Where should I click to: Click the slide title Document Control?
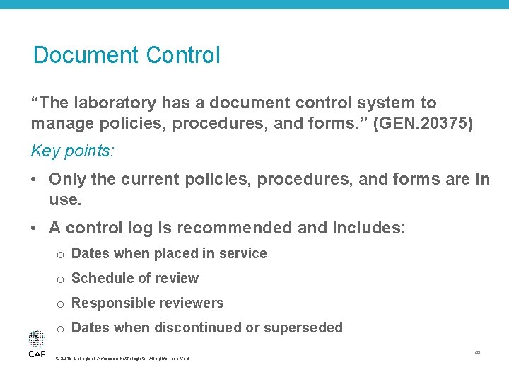(127, 55)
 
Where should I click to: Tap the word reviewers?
(190, 303)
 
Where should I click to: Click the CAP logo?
(37, 344)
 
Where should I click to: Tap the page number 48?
(478, 352)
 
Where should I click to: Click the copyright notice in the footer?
(122, 359)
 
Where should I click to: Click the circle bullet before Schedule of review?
(61, 279)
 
